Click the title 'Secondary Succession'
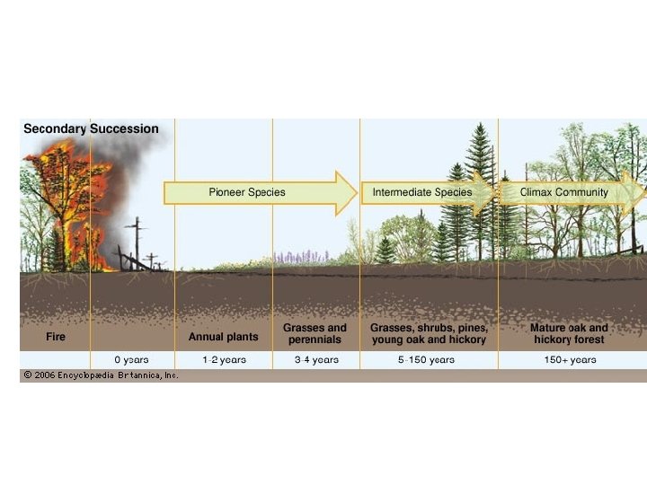pos(91,129)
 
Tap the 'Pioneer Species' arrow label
pos(246,192)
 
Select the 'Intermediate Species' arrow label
pos(421,192)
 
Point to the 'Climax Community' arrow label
pos(563,192)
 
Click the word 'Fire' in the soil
pos(56,338)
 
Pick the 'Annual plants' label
pos(223,338)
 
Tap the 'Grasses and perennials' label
pos(315,334)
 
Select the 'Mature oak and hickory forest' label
pos(570,334)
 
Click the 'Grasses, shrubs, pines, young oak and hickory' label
pos(429,334)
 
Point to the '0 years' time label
pos(131,359)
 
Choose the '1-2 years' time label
pos(224,359)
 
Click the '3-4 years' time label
pos(316,359)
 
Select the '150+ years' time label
pos(570,359)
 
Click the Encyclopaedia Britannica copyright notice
pos(101,375)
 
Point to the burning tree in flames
pos(63,207)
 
